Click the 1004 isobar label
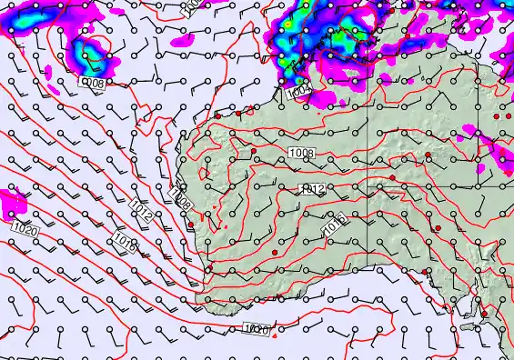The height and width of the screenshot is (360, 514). click(297, 93)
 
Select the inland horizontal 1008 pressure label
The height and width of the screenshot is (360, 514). click(302, 153)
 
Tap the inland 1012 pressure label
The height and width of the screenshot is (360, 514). click(312, 188)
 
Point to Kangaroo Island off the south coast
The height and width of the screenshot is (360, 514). click(470, 325)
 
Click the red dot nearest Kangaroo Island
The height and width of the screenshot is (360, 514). click(484, 315)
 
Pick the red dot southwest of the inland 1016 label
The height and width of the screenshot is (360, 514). click(275, 251)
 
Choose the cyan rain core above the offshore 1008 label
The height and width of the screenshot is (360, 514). click(89, 52)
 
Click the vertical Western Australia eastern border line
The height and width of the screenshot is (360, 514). click(368, 182)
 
